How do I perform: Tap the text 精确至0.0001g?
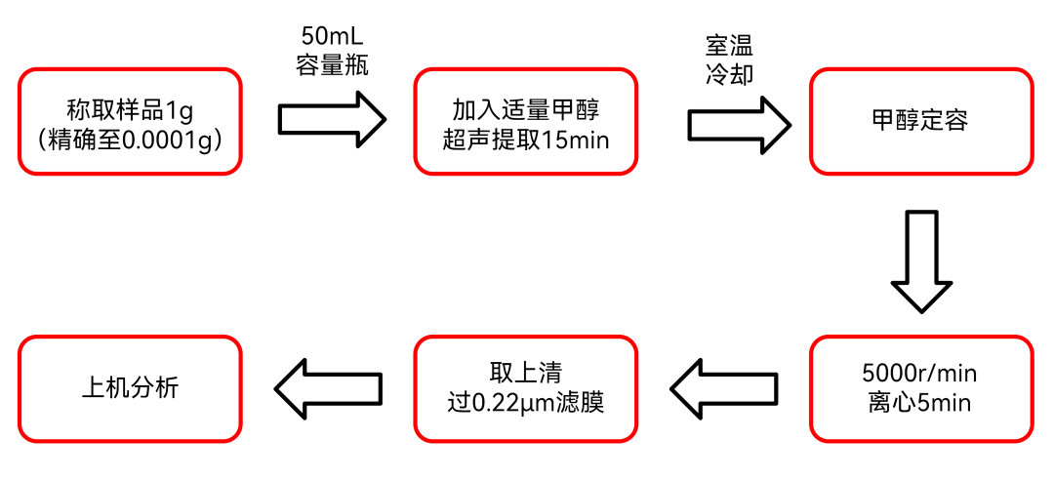[x=130, y=140]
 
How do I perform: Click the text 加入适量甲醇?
[x=525, y=107]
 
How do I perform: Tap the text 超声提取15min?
[x=525, y=140]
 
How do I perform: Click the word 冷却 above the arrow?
[x=729, y=74]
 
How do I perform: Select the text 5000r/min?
[x=919, y=374]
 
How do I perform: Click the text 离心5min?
[x=919, y=402]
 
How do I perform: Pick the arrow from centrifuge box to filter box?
[x=724, y=388]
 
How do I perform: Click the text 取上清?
[x=525, y=373]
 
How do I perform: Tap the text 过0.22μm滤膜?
[x=525, y=401]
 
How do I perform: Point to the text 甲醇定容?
[x=920, y=122]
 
